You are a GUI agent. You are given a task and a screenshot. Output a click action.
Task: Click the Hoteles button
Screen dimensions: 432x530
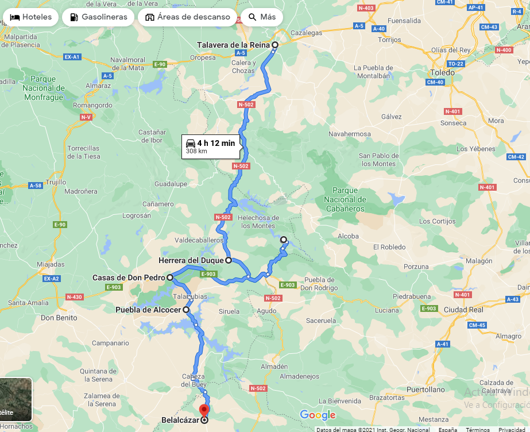pos(31,17)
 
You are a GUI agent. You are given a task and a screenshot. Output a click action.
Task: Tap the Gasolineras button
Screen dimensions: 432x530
pos(98,17)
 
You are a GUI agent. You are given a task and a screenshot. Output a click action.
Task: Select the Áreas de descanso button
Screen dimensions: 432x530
pos(188,17)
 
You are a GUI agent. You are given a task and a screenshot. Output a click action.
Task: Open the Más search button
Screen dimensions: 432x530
pos(262,17)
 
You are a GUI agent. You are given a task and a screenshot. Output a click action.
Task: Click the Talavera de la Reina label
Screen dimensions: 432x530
pos(233,45)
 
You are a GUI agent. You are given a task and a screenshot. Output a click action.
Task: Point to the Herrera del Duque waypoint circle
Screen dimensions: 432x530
pos(229,260)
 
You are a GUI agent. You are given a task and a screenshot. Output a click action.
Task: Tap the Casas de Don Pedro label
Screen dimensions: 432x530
pos(129,277)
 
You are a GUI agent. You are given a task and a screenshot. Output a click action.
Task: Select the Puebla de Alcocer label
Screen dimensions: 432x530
pos(148,310)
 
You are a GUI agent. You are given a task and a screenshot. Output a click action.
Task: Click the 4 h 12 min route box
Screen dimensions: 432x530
pos(210,146)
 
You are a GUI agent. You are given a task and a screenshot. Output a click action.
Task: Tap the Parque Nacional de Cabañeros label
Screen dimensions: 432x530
pos(345,199)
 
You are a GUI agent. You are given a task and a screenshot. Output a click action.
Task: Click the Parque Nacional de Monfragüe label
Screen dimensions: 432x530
pos(44,88)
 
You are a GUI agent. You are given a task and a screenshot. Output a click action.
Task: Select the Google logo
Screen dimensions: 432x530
pos(317,415)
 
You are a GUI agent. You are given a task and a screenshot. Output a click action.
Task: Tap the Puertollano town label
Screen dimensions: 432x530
pos(425,389)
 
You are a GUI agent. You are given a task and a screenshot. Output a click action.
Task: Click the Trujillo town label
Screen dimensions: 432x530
pos(56,182)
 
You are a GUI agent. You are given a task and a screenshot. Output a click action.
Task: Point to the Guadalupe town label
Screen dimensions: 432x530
pos(171,184)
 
